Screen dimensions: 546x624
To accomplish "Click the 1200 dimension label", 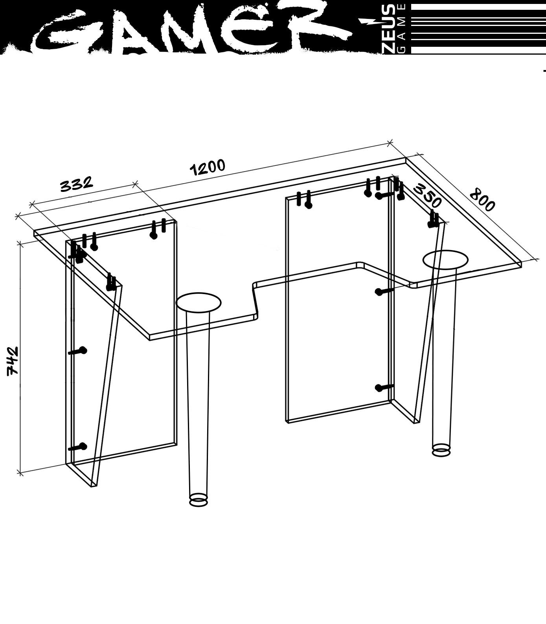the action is pyautogui.click(x=208, y=168).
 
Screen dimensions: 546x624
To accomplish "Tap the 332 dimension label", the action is pyautogui.click(x=77, y=184).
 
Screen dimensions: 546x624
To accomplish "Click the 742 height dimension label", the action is pyautogui.click(x=13, y=361).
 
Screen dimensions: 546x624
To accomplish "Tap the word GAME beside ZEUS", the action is pyautogui.click(x=403, y=29).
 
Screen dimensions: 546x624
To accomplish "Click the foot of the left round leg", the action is pyautogui.click(x=199, y=500).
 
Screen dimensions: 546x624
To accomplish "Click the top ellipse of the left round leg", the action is pyautogui.click(x=199, y=302).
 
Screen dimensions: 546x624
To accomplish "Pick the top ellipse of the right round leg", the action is pyautogui.click(x=445, y=260).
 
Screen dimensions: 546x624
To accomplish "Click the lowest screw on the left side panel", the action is pyautogui.click(x=77, y=447).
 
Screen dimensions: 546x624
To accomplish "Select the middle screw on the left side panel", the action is pyautogui.click(x=77, y=351).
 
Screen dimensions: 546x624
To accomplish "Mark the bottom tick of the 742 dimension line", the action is pyautogui.click(x=20, y=473).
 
